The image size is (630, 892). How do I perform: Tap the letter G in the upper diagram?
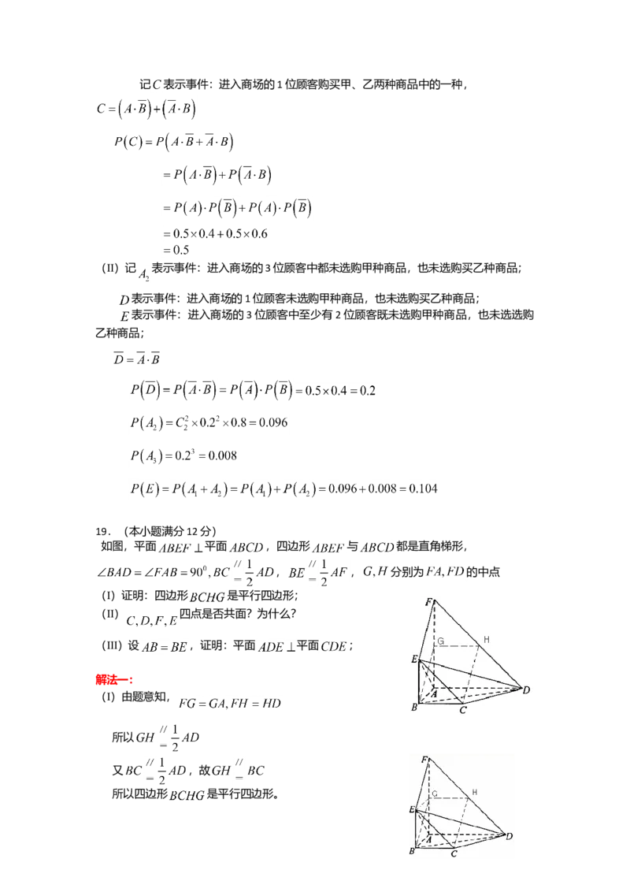tap(442, 642)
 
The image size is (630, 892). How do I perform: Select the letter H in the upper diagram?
tap(487, 639)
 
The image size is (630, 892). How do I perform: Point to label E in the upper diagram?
tap(413, 660)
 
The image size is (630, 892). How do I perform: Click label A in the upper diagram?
tap(432, 693)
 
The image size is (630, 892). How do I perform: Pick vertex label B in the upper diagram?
tap(414, 708)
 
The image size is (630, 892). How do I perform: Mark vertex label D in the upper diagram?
tap(525, 691)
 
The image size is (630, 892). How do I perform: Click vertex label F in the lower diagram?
tap(425, 760)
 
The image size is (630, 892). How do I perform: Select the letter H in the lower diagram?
tap(473, 791)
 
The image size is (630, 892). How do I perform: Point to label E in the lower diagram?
tap(411, 810)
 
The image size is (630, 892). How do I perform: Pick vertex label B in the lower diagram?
tap(411, 853)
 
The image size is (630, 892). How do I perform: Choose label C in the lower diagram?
tap(454, 854)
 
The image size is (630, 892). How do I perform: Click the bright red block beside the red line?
tap(106, 679)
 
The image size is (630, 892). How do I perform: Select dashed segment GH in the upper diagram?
tap(461, 648)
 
